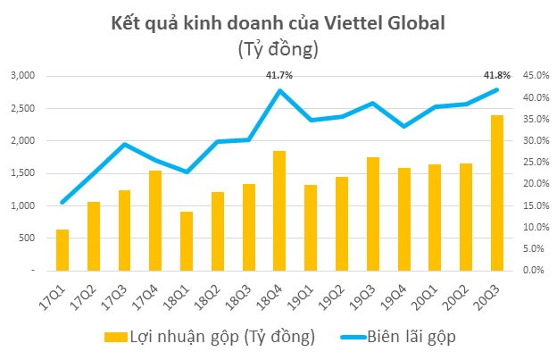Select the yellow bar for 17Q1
(62, 249)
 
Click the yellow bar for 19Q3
(373, 213)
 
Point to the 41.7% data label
(279, 77)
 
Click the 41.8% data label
(497, 76)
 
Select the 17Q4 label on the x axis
(152, 290)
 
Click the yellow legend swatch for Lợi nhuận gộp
(115, 337)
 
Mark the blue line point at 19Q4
(404, 126)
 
